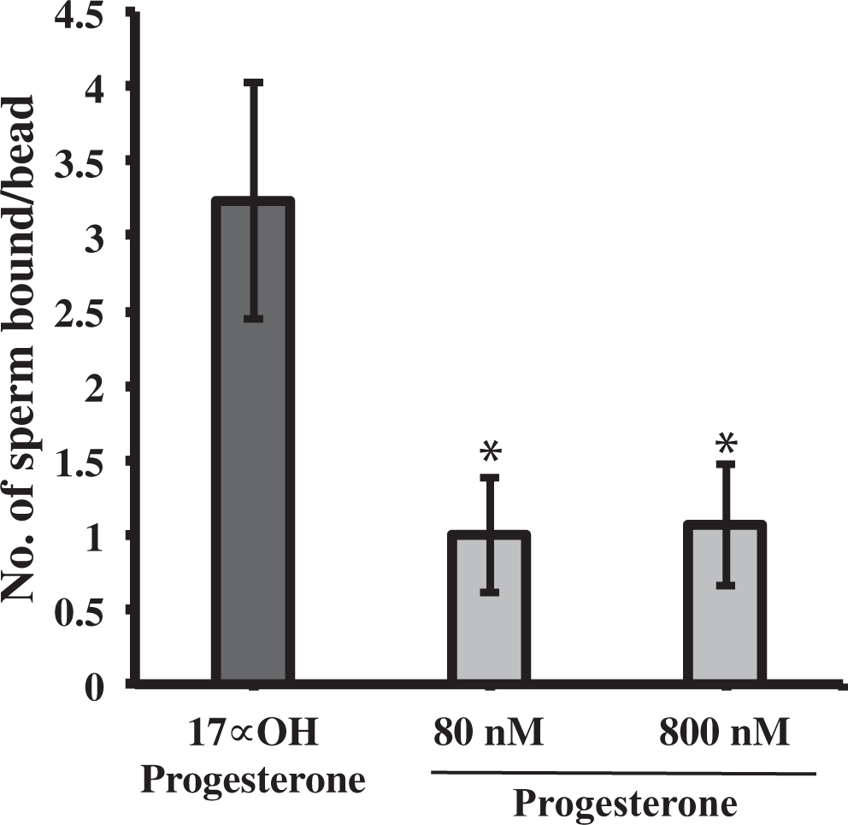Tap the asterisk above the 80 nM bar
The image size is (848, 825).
490,451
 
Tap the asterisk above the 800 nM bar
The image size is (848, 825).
726,443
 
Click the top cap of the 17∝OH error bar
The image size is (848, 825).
253,82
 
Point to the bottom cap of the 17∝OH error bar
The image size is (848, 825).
253,319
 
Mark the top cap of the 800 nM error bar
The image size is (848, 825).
726,463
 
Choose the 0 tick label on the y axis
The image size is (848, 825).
96,686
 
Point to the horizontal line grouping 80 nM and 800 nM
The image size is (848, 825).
621,774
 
